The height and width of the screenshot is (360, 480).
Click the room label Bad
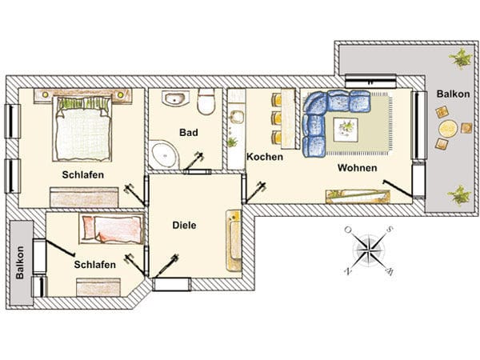tap(189, 133)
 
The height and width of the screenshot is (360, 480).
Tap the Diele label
tap(184, 226)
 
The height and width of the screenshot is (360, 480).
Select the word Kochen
tap(265, 157)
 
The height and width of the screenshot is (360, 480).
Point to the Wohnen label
tap(358, 168)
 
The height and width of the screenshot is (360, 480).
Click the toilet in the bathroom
tap(206, 102)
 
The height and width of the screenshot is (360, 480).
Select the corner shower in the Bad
tap(163, 154)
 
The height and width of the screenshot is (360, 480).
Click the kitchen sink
tap(237, 118)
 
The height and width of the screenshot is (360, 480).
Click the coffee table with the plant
tap(346, 130)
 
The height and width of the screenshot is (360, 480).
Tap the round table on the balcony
tap(448, 129)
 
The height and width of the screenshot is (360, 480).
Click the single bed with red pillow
tap(111, 229)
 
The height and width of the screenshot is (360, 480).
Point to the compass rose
tap(368, 250)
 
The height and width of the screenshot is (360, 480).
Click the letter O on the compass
tap(348, 230)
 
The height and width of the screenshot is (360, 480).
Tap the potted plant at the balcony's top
tap(461, 58)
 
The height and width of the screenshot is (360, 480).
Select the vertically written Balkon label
tap(19, 262)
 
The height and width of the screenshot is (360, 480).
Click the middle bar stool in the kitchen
tap(277, 118)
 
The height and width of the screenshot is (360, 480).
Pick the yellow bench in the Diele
tap(234, 240)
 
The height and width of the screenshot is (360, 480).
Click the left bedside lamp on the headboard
tap(46, 94)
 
